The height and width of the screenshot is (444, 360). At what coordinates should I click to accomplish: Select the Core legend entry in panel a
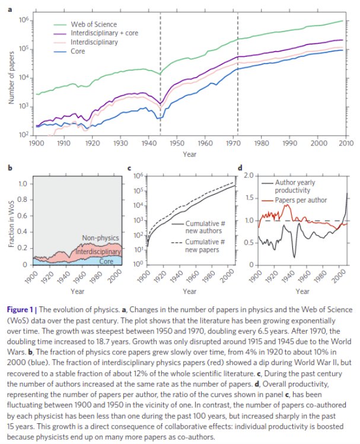77,52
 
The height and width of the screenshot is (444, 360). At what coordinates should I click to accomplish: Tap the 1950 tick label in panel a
176,144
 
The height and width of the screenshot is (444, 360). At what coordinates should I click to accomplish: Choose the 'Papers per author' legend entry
301,199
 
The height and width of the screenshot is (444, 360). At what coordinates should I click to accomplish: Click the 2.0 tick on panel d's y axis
248,176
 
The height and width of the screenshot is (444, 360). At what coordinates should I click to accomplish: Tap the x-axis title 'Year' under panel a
190,154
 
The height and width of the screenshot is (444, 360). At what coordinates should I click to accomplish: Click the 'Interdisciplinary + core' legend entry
104,33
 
